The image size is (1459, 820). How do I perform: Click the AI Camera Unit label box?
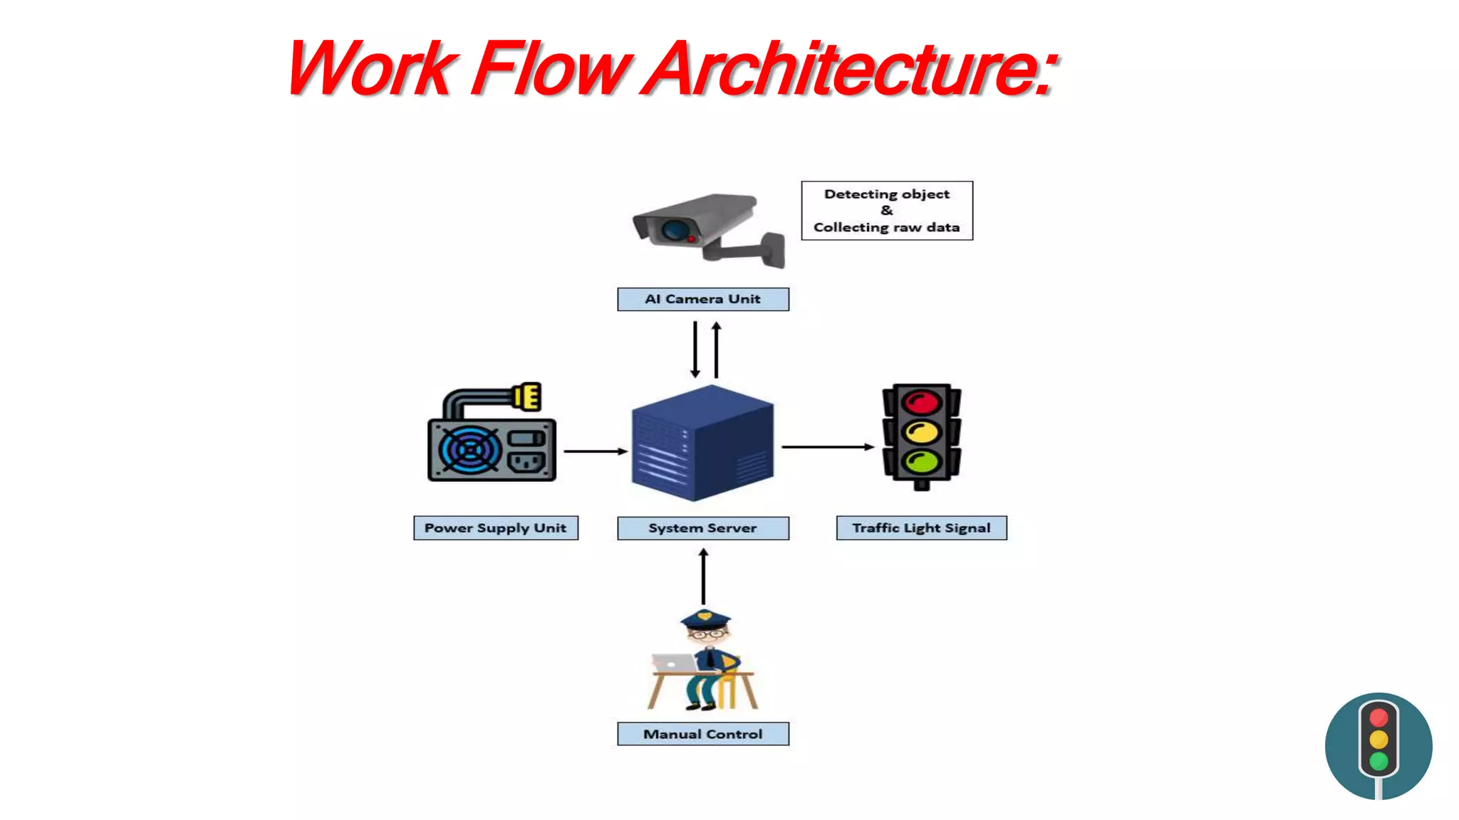tap(702, 299)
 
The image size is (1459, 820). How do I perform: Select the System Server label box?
tap(702, 528)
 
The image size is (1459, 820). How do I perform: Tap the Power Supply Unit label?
tap(495, 528)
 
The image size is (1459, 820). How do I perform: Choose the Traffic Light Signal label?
tap(921, 528)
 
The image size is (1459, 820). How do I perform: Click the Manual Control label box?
tap(702, 734)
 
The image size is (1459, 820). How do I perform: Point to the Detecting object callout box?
tap(886, 211)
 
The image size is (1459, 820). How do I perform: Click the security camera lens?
tap(674, 230)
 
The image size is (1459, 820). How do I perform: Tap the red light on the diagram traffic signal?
tap(921, 402)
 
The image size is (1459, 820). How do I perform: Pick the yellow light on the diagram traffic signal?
tap(921, 431)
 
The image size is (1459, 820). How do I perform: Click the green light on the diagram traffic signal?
tap(921, 461)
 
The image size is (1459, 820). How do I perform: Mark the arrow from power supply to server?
tap(595, 451)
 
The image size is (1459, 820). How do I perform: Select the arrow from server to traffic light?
tap(827, 447)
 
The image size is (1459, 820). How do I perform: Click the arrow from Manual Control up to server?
tap(703, 577)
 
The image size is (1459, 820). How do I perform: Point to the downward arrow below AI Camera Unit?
tap(695, 349)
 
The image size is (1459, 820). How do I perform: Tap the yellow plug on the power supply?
tap(528, 396)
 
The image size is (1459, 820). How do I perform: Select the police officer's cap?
tap(705, 619)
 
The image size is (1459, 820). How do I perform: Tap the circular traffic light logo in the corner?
tap(1378, 746)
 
